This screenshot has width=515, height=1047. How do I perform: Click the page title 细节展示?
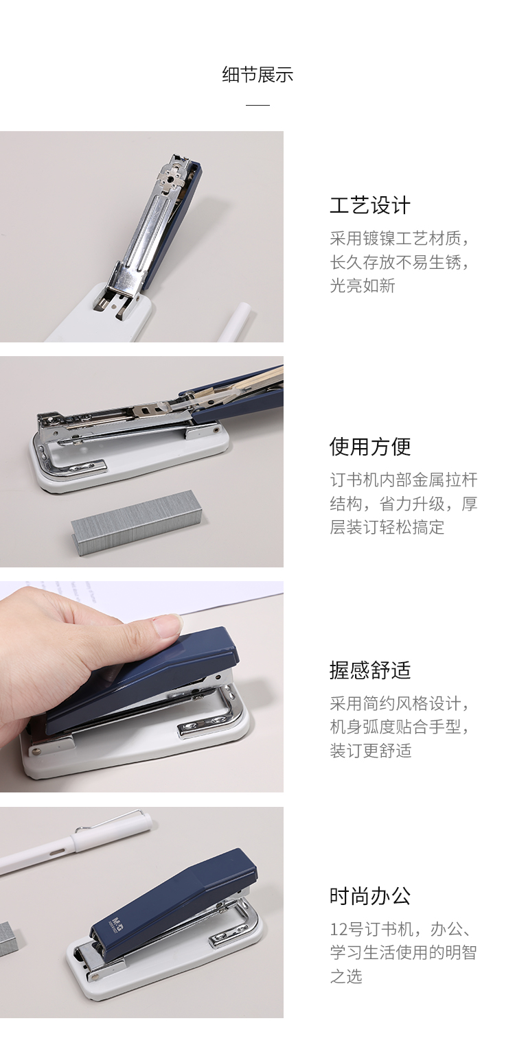pyautogui.click(x=257, y=75)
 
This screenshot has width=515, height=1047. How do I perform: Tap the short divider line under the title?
pyautogui.click(x=257, y=105)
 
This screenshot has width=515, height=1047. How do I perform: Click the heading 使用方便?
pyautogui.click(x=370, y=447)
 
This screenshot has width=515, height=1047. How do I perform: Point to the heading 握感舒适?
pyautogui.click(x=370, y=670)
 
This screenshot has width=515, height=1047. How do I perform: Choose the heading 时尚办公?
pyautogui.click(x=370, y=896)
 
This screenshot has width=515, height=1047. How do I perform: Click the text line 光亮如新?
pyautogui.click(x=363, y=285)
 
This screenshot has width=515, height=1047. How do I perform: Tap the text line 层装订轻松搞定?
pyautogui.click(x=387, y=527)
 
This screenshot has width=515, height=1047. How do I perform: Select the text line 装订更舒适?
pyautogui.click(x=371, y=750)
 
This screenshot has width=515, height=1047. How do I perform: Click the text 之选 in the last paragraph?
pyautogui.click(x=346, y=976)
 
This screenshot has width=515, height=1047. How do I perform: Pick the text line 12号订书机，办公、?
pyautogui.click(x=400, y=929)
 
